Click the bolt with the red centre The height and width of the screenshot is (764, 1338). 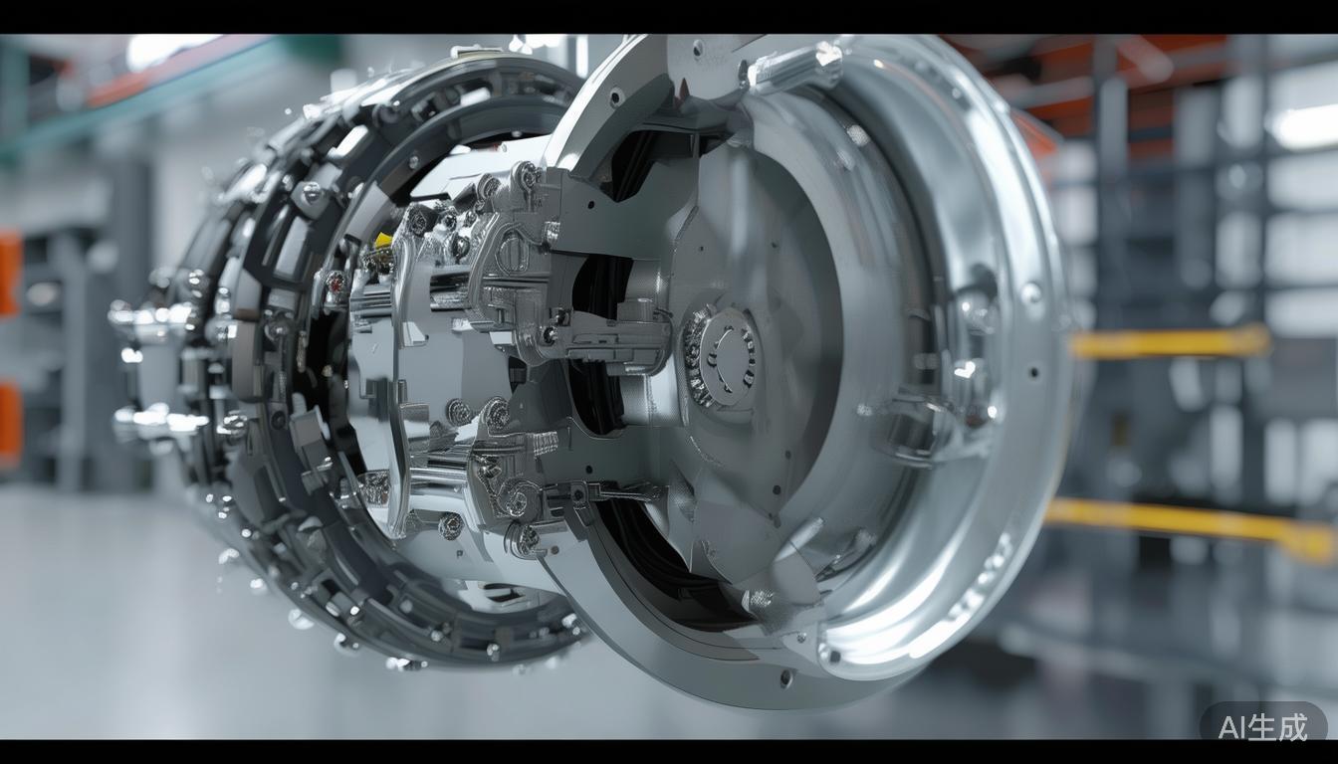(335, 282)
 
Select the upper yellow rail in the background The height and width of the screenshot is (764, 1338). (1171, 341)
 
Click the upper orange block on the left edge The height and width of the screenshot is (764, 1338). (10, 274)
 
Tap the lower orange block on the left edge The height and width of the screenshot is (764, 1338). (10, 424)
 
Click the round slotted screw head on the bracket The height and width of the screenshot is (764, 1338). (512, 251)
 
